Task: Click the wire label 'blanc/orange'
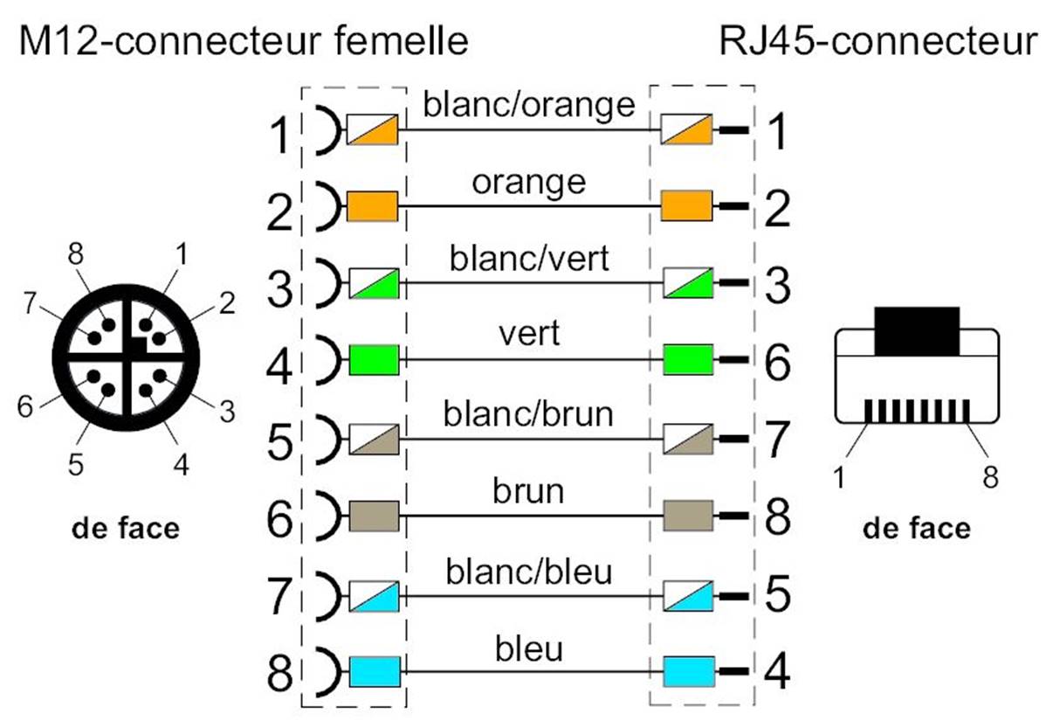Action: [x=528, y=104]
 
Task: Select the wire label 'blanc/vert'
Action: [x=528, y=259]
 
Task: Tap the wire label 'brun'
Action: [x=528, y=491]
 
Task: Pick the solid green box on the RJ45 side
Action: [x=689, y=359]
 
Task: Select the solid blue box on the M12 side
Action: [x=373, y=672]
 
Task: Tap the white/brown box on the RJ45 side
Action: [x=689, y=438]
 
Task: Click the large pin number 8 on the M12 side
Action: [x=281, y=674]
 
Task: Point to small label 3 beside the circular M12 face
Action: [x=226, y=412]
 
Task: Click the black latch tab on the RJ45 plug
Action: [x=916, y=330]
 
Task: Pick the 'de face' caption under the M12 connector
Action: [x=127, y=528]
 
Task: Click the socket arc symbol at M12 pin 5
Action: [x=323, y=439]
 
